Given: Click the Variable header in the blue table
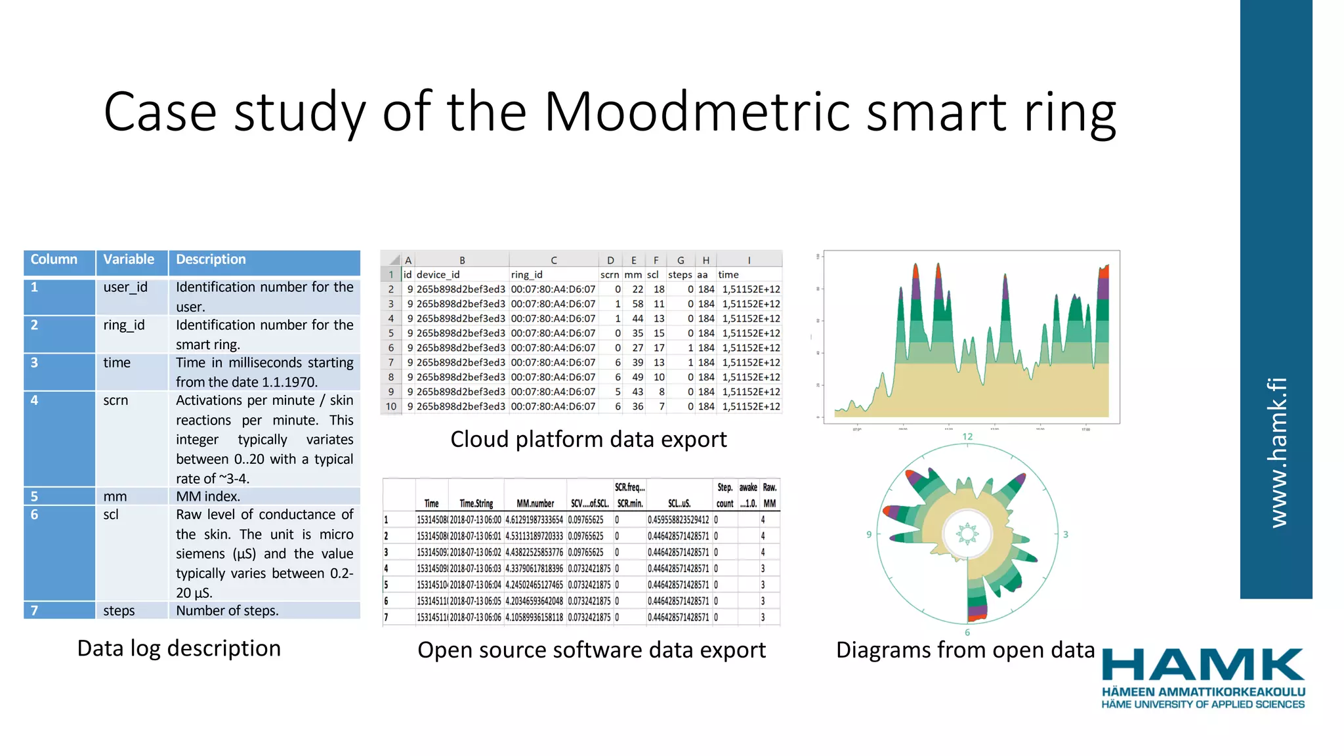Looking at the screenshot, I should coord(129,259).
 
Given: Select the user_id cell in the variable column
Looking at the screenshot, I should coord(125,287).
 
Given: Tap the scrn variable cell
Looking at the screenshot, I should coord(115,400).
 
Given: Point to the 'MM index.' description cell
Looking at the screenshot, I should coord(208,496).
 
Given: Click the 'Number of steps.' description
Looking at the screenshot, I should coord(227,610).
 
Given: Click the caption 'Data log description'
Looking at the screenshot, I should coord(178,648).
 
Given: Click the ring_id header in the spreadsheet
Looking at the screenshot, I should coord(526,274).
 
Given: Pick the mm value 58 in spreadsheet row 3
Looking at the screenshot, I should coord(637,304).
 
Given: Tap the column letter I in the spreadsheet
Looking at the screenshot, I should coord(749,260).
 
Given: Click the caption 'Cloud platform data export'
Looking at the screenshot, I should coord(588,439).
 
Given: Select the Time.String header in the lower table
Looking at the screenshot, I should coord(476,503).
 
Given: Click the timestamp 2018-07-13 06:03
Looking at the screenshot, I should coord(475,568).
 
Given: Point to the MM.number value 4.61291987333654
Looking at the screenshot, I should coord(534,520).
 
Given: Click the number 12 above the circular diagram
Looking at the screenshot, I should coord(967,436).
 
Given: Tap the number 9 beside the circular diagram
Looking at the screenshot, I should coord(869,534).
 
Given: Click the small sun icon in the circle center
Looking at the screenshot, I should coord(967,534).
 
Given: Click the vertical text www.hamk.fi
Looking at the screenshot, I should coord(1277,453).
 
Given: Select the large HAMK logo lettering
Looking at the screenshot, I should coord(1203,665).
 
